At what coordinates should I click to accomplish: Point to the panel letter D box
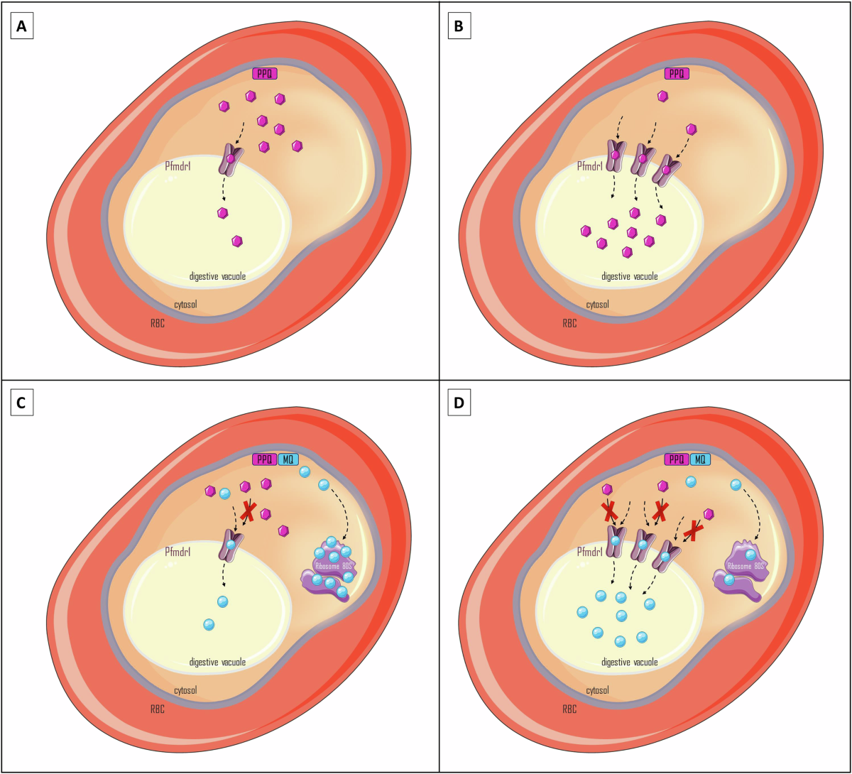pos(459,404)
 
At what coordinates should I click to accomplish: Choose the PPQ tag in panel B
pos(677,73)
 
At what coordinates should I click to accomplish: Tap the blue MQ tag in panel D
pos(699,459)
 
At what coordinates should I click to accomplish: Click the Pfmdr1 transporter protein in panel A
pos(231,160)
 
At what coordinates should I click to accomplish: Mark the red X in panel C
pos(248,511)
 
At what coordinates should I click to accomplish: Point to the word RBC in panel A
pos(157,323)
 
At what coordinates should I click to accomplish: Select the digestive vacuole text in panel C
pos(217,662)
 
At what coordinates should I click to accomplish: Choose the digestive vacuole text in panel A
pos(217,276)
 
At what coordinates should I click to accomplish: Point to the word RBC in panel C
pos(157,709)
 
